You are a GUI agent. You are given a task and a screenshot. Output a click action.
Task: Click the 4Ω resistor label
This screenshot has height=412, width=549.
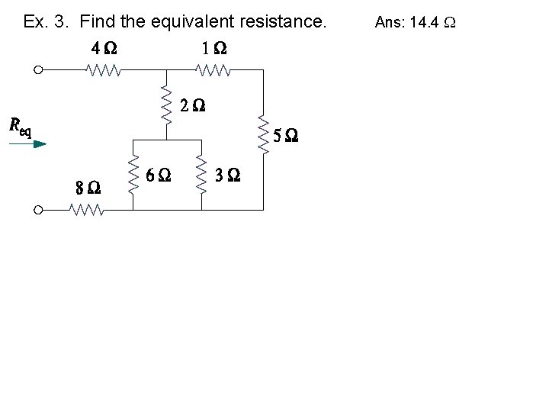click(x=104, y=48)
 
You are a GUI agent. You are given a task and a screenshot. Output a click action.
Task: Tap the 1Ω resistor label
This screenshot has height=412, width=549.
click(x=213, y=48)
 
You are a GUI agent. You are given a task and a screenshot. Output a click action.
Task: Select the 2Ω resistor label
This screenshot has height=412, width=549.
click(x=193, y=106)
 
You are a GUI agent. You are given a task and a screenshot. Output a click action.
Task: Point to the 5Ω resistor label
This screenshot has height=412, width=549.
click(x=285, y=137)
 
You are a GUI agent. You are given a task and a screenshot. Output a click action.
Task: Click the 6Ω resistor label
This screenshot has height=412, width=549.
click(x=158, y=175)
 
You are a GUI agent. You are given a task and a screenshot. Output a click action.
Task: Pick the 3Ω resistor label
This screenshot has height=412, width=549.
click(x=228, y=175)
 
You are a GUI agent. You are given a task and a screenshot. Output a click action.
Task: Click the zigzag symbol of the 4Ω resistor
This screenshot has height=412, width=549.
click(x=104, y=71)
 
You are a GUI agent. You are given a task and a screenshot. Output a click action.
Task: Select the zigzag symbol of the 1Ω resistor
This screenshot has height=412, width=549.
click(x=213, y=71)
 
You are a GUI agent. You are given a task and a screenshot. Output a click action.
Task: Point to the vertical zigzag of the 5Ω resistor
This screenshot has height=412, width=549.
click(x=264, y=137)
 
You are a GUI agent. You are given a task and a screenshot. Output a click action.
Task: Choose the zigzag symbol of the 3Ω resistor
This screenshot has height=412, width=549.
click(x=201, y=175)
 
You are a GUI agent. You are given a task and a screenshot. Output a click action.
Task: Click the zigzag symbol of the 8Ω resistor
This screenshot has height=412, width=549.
click(x=87, y=210)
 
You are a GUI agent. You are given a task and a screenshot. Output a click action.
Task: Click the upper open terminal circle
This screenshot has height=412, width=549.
click(x=38, y=71)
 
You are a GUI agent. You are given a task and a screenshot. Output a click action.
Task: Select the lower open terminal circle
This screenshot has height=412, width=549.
click(x=38, y=210)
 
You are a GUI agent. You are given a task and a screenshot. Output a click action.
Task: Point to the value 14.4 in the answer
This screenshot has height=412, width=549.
click(x=424, y=22)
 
